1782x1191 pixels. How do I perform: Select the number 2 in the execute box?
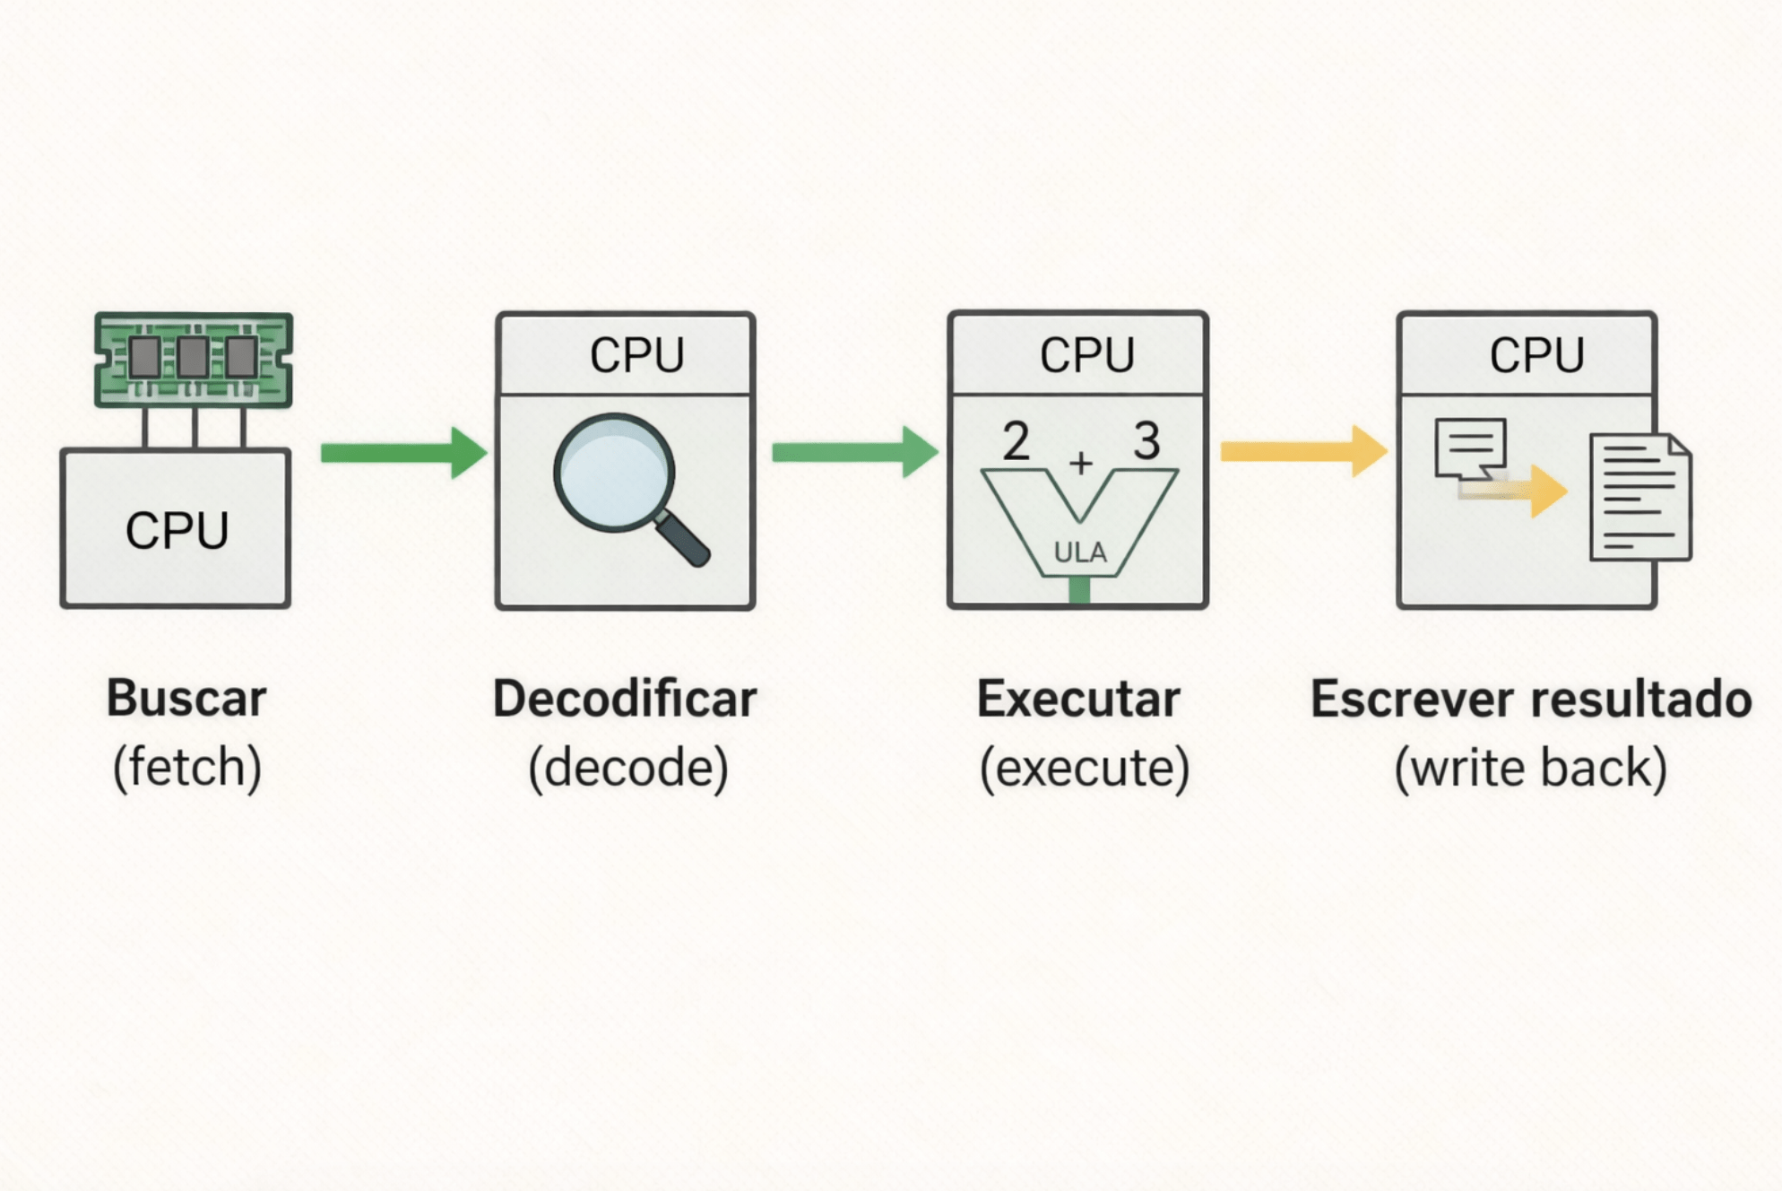click(1016, 441)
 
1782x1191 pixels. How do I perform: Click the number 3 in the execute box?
click(1146, 441)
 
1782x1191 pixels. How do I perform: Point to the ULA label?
click(1080, 552)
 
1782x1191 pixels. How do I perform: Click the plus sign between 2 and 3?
click(1081, 463)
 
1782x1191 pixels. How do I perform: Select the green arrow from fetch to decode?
click(403, 452)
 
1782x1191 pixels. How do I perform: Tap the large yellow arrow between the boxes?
click(1303, 450)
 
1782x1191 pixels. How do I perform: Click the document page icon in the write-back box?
click(1639, 498)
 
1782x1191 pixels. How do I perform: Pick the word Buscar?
click(186, 698)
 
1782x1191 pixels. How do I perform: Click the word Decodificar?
click(625, 699)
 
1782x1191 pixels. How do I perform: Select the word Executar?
click(1078, 699)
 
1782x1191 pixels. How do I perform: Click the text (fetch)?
click(186, 768)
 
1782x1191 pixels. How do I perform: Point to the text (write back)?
click(1531, 769)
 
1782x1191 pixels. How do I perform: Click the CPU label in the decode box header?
click(636, 355)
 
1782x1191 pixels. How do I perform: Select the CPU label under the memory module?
click(177, 530)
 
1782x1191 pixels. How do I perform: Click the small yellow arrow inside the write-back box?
click(1515, 490)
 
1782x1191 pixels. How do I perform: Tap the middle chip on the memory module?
click(193, 357)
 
